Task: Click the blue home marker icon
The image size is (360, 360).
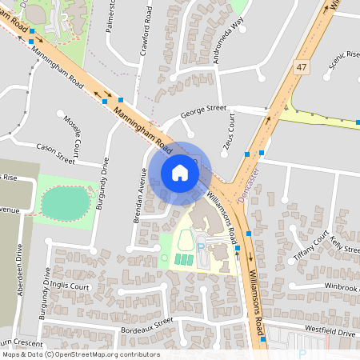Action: pyautogui.click(x=179, y=173)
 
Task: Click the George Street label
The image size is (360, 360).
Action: pyautogui.click(x=203, y=110)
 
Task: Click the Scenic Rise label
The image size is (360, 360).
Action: pyautogui.click(x=342, y=67)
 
